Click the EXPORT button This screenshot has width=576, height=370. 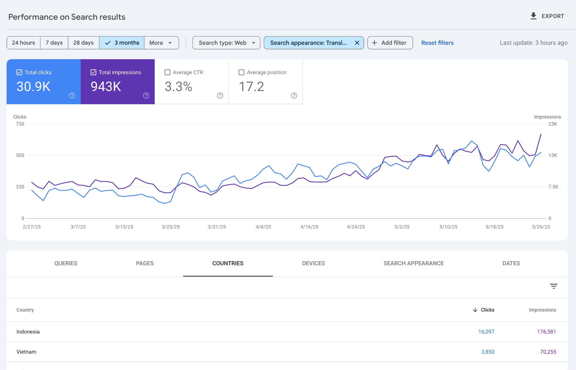click(x=547, y=16)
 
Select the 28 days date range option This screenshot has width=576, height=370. click(x=83, y=43)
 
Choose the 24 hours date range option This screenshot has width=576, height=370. click(x=24, y=43)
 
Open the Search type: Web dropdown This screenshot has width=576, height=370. click(x=226, y=43)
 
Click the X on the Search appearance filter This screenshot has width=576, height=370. click(x=357, y=43)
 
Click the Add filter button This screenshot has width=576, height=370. click(x=390, y=43)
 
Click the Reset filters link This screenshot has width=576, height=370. click(x=437, y=43)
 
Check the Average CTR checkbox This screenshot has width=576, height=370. click(x=167, y=72)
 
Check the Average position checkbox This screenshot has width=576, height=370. click(x=241, y=72)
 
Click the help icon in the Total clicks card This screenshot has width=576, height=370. click(x=72, y=96)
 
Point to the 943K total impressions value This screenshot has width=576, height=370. click(x=106, y=87)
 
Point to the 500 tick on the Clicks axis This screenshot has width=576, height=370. click(x=20, y=155)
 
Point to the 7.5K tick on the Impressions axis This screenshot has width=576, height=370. click(x=553, y=187)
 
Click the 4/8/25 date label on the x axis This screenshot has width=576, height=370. click(x=263, y=227)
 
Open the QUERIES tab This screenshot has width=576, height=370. click(x=66, y=263)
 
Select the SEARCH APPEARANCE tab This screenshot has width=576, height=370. click(x=413, y=263)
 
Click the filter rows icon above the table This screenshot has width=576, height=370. click(x=553, y=286)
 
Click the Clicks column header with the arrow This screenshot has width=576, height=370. click(x=484, y=310)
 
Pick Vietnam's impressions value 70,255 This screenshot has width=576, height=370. click(x=548, y=352)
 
